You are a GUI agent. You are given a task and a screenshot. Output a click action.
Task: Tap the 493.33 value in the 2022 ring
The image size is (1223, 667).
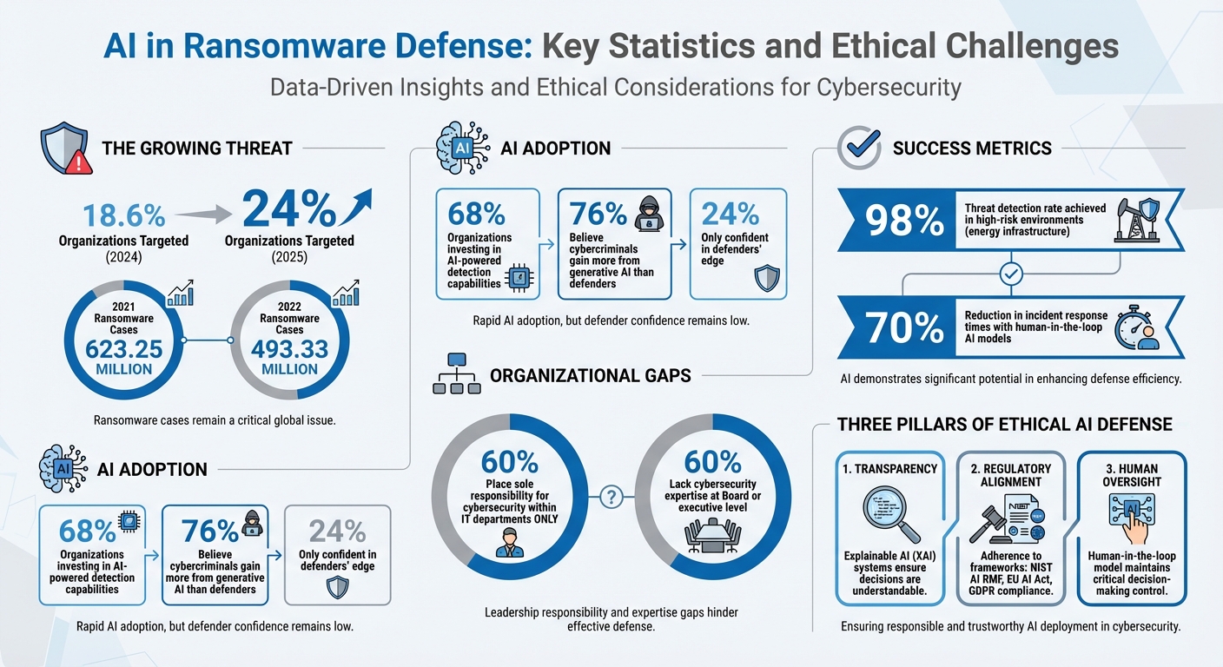tap(289, 348)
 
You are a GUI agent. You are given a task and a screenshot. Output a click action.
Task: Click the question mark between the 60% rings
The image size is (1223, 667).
tap(611, 497)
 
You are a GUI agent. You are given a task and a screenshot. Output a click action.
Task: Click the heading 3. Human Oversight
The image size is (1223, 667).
tap(1132, 474)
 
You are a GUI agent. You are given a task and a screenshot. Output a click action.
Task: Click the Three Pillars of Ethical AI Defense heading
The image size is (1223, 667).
tap(1004, 424)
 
